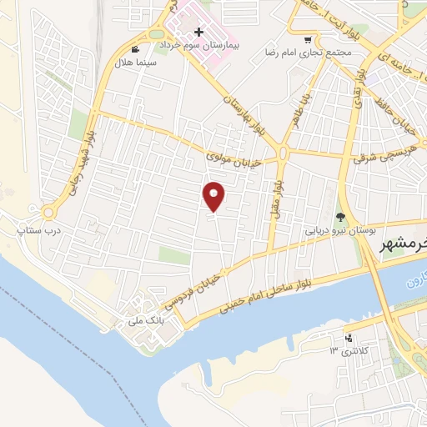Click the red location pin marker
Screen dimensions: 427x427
click(x=214, y=196)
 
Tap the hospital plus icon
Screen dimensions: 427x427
click(x=198, y=31)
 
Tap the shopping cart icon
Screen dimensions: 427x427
click(x=308, y=39)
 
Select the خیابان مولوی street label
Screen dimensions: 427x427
click(x=237, y=153)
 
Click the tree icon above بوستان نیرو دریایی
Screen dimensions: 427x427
click(x=339, y=217)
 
